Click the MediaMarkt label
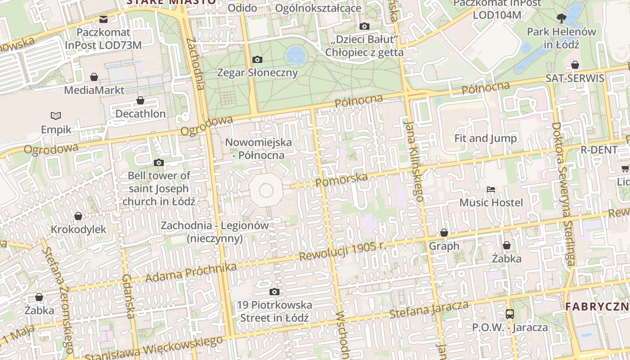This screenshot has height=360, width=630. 94,90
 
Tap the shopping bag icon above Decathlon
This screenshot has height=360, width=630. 140,100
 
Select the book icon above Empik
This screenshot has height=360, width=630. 56,116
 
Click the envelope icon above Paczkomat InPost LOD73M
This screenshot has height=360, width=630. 103,19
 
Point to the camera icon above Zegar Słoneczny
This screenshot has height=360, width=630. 257,59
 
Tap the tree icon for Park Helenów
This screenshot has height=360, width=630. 561,18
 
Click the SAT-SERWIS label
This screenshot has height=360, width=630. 575,78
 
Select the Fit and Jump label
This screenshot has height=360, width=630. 486,138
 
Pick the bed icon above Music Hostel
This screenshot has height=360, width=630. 491,189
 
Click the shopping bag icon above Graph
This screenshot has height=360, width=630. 444,233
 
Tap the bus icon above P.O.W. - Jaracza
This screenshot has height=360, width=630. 509,314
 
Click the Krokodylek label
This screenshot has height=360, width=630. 79,229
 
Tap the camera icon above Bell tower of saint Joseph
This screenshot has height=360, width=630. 159,162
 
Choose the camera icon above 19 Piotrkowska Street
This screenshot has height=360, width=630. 274,292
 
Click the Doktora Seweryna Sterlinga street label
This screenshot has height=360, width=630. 563,193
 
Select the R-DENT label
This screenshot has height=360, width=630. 599,149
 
